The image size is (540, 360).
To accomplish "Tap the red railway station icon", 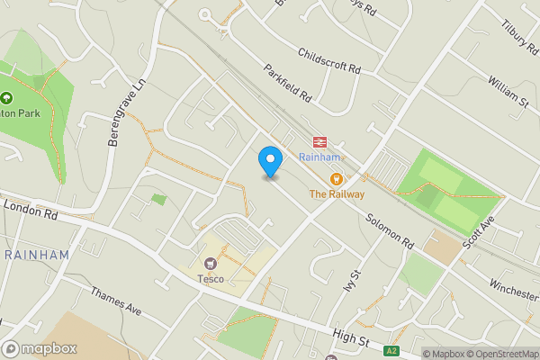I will (x=319, y=141).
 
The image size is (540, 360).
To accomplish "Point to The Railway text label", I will (x=337, y=193).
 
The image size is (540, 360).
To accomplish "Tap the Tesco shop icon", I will (x=211, y=264).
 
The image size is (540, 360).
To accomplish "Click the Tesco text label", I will (x=211, y=278).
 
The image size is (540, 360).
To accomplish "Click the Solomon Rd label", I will (x=389, y=230).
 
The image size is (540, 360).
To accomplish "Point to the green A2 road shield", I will (x=391, y=351).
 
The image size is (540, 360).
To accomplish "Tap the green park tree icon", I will (x=6, y=98).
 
